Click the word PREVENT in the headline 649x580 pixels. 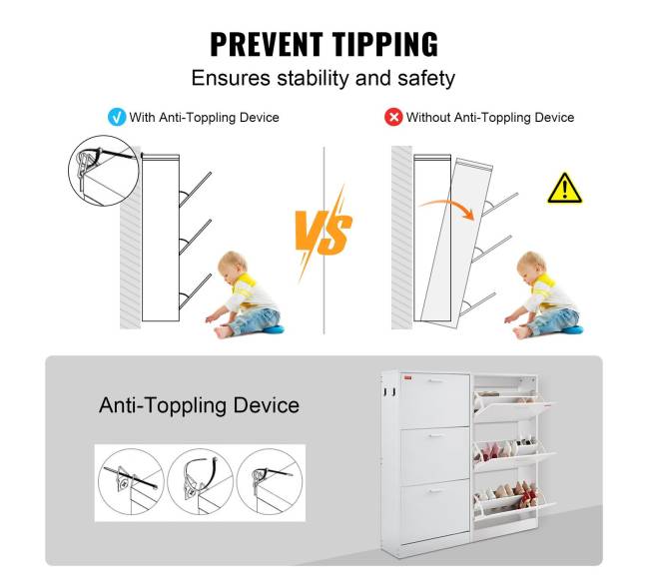click(267, 44)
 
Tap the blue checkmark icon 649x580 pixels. click(116, 117)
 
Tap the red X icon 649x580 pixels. click(393, 117)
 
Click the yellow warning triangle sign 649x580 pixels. click(564, 189)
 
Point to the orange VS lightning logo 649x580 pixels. click(324, 233)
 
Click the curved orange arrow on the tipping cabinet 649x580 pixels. click(447, 207)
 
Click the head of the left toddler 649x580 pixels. click(232, 265)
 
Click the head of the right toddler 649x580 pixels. click(531, 265)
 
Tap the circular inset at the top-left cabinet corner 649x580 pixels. click(104, 171)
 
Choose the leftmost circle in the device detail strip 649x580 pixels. click(131, 482)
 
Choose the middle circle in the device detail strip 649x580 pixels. click(201, 482)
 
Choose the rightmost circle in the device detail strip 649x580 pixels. click(270, 482)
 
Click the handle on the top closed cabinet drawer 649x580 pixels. click(436, 381)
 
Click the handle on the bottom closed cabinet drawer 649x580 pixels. click(436, 490)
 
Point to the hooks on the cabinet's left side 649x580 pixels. click(389, 392)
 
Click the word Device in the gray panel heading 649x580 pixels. click(267, 405)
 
